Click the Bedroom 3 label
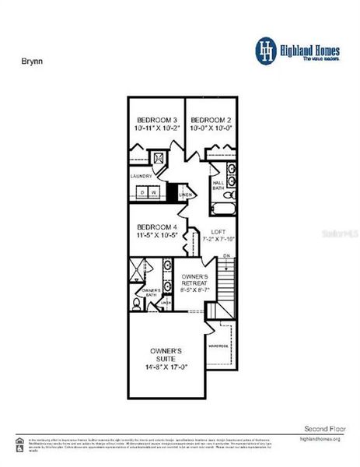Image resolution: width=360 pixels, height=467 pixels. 152,120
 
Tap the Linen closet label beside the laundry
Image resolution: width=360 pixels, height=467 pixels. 185,195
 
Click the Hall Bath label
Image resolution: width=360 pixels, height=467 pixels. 218,185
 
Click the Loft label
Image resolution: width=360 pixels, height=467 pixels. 218,230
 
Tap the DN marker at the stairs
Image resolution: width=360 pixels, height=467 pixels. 225,257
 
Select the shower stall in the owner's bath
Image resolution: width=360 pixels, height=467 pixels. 140,271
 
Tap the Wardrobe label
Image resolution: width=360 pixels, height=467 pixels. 217,346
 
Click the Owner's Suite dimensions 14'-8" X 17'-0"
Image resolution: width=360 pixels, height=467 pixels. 166,367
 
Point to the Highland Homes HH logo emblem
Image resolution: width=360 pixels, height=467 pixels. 267,51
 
